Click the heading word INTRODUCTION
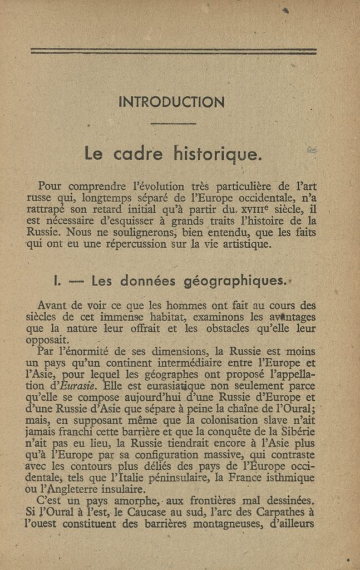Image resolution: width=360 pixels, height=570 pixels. pos(171,102)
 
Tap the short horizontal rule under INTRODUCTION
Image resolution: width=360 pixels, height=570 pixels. pos(173,123)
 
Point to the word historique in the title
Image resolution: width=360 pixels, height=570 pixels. pos(216,153)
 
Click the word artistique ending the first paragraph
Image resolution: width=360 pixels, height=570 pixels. pos(244,244)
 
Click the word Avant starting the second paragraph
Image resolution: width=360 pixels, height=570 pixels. pos(52,305)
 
